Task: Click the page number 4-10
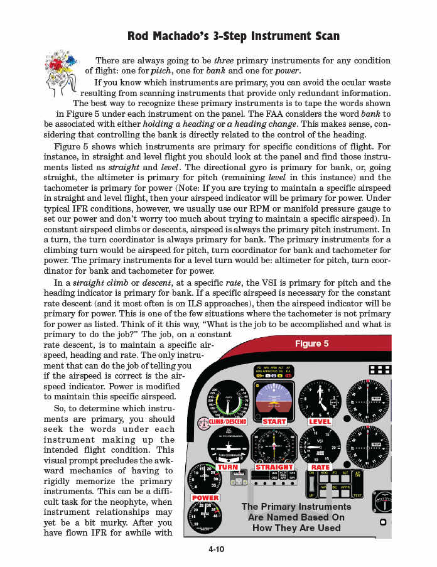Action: (x=217, y=549)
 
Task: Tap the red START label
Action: (x=274, y=421)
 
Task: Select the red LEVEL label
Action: (x=320, y=421)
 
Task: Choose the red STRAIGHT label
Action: (x=274, y=467)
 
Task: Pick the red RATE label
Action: (x=320, y=467)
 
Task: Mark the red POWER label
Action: (x=205, y=498)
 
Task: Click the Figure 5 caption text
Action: (x=312, y=343)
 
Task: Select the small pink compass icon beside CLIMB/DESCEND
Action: (x=203, y=422)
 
